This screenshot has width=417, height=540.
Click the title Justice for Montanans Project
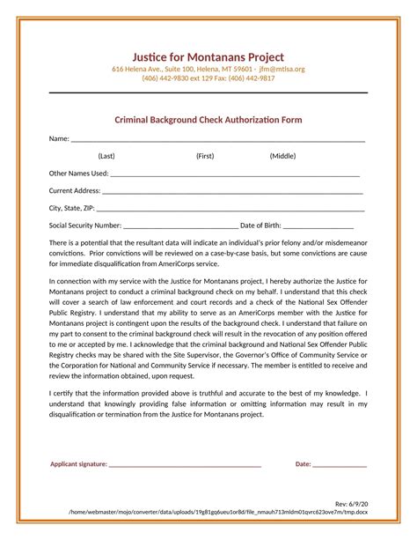pyautogui.click(x=208, y=57)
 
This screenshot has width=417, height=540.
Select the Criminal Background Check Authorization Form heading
pyautogui.click(x=208, y=119)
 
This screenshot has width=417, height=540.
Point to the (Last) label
pyautogui.click(x=106, y=156)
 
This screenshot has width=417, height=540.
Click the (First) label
pyautogui.click(x=205, y=156)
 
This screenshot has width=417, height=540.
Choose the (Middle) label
pyautogui.click(x=282, y=156)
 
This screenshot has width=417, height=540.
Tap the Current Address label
pyautogui.click(x=75, y=190)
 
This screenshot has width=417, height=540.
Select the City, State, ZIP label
pyautogui.click(x=71, y=208)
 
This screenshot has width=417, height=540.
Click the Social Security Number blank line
pyautogui.click(x=180, y=227)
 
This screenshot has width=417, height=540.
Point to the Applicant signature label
pyautogui.click(x=78, y=463)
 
